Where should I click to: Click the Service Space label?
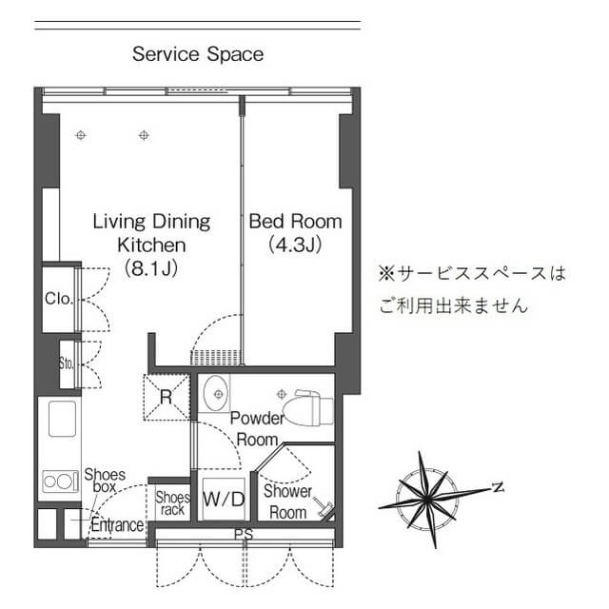198,54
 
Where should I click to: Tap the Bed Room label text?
295,222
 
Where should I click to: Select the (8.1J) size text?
151,268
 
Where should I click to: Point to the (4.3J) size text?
295,245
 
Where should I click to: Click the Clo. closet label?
59,299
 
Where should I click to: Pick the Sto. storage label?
67,363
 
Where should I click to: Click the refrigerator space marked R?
167,397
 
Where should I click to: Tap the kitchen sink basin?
62,419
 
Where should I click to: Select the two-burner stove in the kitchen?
59,481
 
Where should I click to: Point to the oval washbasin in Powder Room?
217,393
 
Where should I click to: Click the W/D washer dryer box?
225,499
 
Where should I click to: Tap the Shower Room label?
287,501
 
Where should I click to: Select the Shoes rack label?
173,503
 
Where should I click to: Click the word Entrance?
117,525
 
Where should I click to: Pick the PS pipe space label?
244,535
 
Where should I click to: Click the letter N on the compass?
498,487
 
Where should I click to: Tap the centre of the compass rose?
427,499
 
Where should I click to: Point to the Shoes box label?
105,481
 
